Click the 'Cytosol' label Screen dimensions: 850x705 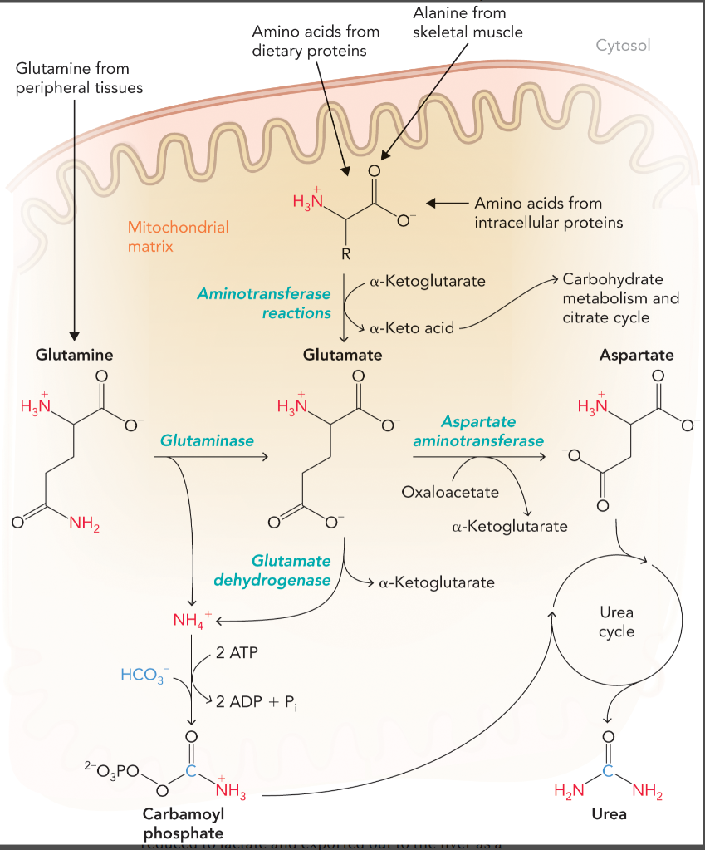pyautogui.click(x=623, y=45)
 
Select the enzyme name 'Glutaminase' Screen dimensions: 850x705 pyautogui.click(x=208, y=440)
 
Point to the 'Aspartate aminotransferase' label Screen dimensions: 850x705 pyautogui.click(x=478, y=430)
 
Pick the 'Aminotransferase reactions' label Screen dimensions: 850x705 pyautogui.click(x=264, y=303)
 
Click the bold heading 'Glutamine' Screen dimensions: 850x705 pyautogui.click(x=74, y=355)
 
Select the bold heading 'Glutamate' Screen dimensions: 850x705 pyautogui.click(x=342, y=355)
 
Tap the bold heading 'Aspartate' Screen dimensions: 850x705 pyautogui.click(x=636, y=355)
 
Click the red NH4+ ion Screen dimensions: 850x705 pyautogui.click(x=192, y=619)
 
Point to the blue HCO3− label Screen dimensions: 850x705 pyautogui.click(x=144, y=674)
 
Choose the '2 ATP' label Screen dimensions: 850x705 pyautogui.click(x=237, y=652)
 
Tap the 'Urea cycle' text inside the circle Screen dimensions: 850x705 pyautogui.click(x=616, y=622)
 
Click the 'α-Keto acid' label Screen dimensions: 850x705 pyautogui.click(x=412, y=327)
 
